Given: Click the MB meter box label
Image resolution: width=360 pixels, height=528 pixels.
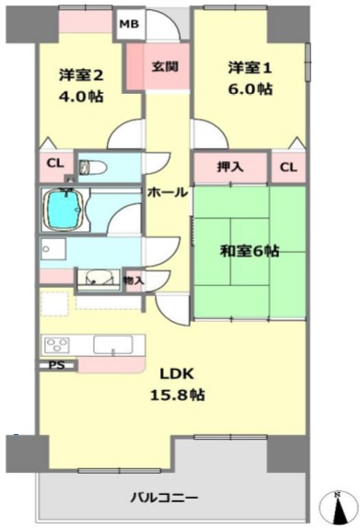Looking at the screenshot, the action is pyautogui.click(x=130, y=24).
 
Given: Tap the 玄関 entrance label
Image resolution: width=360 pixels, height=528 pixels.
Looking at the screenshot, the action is pyautogui.click(x=165, y=66).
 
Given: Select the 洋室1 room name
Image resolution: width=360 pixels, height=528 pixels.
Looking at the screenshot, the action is pyautogui.click(x=250, y=68).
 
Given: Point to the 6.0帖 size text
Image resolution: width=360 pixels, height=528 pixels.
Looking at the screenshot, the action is pyautogui.click(x=250, y=89).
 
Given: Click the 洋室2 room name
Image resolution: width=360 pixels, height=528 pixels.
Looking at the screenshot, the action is pyautogui.click(x=81, y=75).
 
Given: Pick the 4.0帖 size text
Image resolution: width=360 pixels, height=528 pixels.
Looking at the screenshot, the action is pyautogui.click(x=81, y=97).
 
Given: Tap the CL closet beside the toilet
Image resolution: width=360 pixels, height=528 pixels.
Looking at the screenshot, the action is pyautogui.click(x=55, y=164).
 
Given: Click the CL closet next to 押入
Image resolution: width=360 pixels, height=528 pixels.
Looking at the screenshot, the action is pyautogui.click(x=288, y=167).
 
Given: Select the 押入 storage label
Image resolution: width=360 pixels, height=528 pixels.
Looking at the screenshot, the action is pyautogui.click(x=230, y=166).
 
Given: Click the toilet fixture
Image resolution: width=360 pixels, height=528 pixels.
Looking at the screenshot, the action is pyautogui.click(x=93, y=166).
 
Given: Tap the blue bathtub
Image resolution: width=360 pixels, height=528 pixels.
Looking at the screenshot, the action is pyautogui.click(x=64, y=210).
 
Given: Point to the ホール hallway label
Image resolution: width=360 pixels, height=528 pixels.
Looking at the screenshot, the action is pyautogui.click(x=168, y=192).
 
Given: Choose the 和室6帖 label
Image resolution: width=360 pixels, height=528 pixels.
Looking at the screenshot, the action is pyautogui.click(x=250, y=251).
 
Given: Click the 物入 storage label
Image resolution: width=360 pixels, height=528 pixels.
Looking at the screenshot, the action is pyautogui.click(x=134, y=280).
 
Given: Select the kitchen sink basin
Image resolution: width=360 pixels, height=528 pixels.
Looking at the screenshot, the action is pyautogui.click(x=113, y=345).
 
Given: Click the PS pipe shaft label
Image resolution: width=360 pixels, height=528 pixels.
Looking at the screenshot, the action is pyautogui.click(x=57, y=365).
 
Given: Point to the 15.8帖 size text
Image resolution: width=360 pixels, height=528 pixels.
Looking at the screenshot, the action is pyautogui.click(x=178, y=395).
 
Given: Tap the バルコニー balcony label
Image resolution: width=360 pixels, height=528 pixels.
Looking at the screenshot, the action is pyautogui.click(x=165, y=498).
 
